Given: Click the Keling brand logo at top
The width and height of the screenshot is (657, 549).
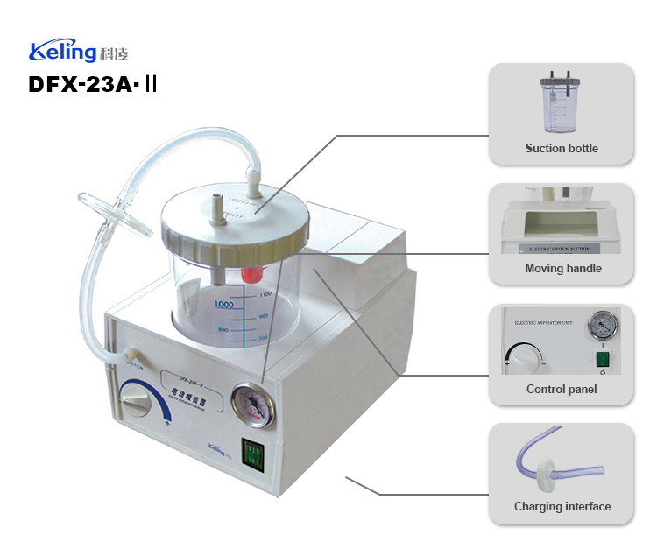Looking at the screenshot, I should (x=79, y=51).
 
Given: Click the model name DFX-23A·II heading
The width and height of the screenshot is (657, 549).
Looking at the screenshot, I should (x=93, y=85).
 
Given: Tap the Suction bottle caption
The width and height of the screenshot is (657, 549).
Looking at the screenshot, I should (x=562, y=148).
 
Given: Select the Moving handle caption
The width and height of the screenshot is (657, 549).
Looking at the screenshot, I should (x=562, y=268).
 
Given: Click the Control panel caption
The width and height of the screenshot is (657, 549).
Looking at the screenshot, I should (x=562, y=389).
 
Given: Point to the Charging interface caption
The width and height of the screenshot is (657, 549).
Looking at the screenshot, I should (x=562, y=506).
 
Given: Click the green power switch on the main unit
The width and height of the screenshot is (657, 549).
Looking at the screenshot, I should (x=252, y=452).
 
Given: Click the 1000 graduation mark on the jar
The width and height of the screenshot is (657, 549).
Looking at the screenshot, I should (x=223, y=304).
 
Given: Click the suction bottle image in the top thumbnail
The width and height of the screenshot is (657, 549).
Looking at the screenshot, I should (x=561, y=104).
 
